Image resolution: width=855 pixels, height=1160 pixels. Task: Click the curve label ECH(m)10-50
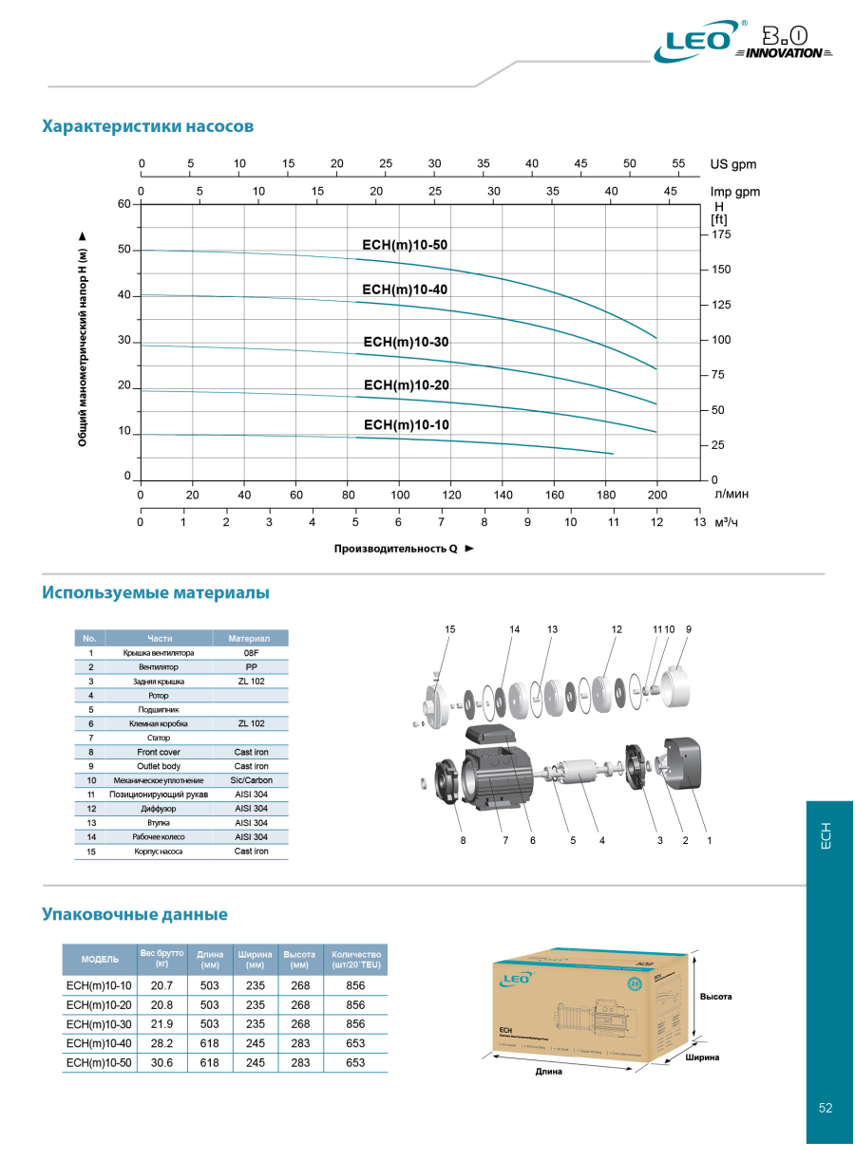point(405,245)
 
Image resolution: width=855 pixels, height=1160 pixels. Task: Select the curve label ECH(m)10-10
point(407,424)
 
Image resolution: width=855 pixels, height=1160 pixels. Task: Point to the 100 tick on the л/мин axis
point(400,495)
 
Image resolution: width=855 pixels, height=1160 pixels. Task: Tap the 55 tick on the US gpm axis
point(678,163)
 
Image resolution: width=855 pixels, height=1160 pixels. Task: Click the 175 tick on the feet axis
point(721,234)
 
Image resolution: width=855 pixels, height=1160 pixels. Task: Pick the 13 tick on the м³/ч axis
point(699,522)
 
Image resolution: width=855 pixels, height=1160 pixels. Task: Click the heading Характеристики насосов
point(147,126)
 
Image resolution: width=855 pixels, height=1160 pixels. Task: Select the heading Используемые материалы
point(155,592)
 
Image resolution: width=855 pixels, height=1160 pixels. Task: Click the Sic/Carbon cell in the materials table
point(251,780)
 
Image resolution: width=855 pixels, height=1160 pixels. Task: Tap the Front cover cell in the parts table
point(159,752)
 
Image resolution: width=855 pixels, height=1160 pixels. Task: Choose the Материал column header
point(250,638)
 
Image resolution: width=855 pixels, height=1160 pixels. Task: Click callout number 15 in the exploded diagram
point(450,629)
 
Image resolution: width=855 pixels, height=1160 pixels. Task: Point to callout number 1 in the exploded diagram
point(709,840)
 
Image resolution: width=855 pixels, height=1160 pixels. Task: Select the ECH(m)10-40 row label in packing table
point(99,1043)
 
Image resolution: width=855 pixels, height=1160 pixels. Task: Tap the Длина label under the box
point(549,1072)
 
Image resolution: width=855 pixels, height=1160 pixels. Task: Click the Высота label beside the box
point(716,997)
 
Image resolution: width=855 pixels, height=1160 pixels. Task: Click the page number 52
point(825,1108)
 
